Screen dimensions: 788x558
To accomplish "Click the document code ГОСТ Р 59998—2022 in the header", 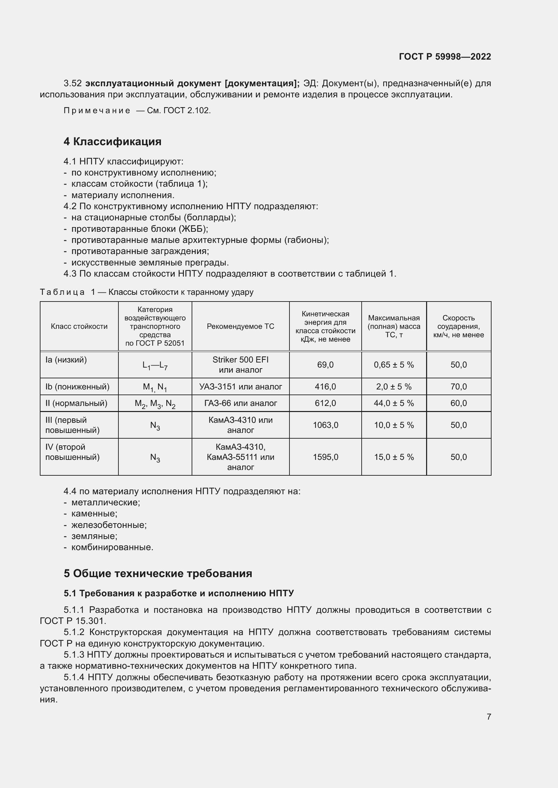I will pos(445,57).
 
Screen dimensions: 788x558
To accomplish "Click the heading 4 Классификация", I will pos(112,141).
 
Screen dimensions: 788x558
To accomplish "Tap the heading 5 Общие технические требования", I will pos(158,573).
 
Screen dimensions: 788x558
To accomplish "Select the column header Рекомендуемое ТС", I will pos(240,326).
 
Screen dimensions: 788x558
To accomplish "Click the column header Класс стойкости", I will pos(79,326).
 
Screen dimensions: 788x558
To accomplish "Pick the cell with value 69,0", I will pos(325,365).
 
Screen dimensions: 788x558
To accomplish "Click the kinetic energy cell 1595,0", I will pos(325,457).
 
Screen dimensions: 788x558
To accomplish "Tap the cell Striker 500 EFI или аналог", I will pos(240,365).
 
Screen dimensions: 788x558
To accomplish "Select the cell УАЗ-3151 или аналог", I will pos(240,387).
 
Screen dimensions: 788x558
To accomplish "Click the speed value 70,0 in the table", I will pos(458,387).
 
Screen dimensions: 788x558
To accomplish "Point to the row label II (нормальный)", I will pos(76,403).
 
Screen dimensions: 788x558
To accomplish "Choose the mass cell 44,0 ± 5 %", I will pos(394,403).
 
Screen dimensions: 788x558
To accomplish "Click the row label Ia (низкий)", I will pos(66,360).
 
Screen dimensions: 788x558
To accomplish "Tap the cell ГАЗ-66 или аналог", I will pos(240,403).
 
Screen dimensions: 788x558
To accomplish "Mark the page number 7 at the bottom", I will pos(489,717).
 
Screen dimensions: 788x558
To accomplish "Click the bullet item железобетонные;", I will pos(109,525).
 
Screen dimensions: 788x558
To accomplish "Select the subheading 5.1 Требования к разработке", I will pos(179,593).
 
